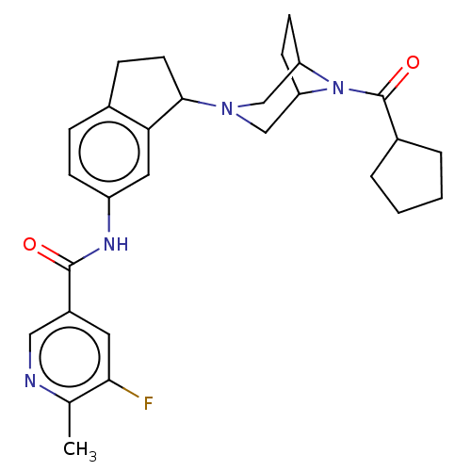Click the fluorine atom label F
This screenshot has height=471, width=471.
click(x=148, y=403)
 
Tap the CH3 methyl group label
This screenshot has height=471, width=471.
click(x=80, y=449)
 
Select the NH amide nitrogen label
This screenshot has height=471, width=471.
click(x=116, y=244)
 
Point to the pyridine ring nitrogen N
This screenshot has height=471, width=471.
click(x=30, y=381)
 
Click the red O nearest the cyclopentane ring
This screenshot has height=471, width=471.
click(x=413, y=62)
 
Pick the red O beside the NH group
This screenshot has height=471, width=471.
click(x=29, y=244)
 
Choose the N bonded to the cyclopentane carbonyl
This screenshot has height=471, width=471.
click(x=338, y=88)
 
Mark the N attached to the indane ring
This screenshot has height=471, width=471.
click(x=227, y=108)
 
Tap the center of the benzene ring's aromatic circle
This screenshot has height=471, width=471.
click(x=109, y=152)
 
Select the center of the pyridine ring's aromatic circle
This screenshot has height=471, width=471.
click(x=70, y=357)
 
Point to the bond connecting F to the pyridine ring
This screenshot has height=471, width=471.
click(x=123, y=389)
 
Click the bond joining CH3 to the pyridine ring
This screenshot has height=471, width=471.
click(x=70, y=419)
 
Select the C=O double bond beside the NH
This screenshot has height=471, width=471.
click(x=55, y=257)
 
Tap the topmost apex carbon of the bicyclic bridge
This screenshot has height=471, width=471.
click(x=289, y=15)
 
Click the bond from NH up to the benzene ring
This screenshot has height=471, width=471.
click(x=109, y=215)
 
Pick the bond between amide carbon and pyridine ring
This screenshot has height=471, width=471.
click(x=70, y=289)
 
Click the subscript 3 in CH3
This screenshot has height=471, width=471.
click(x=92, y=457)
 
